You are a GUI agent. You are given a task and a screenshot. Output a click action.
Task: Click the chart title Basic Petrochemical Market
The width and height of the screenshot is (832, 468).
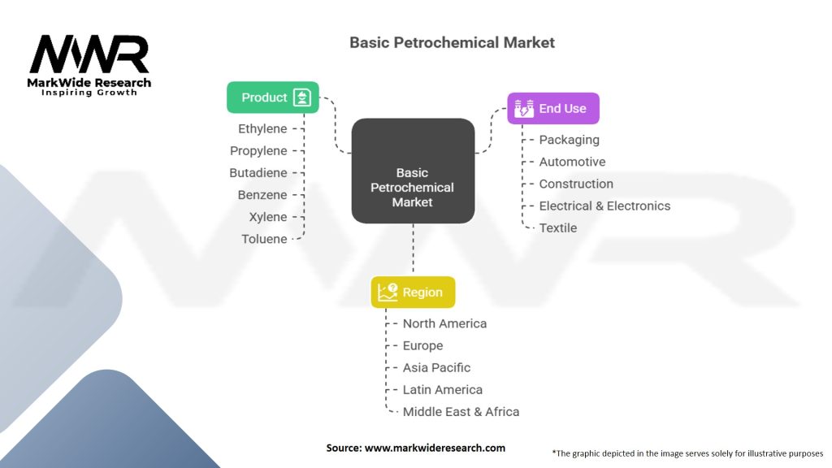[x=452, y=42]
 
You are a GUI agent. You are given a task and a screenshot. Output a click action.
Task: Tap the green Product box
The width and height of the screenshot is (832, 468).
[x=272, y=97]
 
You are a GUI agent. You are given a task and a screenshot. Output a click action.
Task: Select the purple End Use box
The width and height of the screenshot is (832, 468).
[x=552, y=108]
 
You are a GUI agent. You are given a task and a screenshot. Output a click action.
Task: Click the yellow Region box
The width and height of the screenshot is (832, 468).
[x=413, y=292]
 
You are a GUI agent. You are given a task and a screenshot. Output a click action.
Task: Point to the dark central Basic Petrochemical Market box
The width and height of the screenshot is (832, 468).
[x=413, y=171]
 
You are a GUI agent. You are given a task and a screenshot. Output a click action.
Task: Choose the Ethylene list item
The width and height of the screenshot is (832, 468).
[x=262, y=128]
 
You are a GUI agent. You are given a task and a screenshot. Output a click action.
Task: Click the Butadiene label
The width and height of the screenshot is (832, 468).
[x=258, y=172]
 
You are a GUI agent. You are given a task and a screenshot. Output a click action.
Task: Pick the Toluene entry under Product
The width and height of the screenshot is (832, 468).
[x=264, y=239]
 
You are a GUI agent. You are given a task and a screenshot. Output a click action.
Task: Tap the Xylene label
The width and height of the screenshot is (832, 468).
[x=268, y=217]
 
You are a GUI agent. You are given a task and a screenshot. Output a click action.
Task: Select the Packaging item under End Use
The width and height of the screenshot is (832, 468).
[x=569, y=140]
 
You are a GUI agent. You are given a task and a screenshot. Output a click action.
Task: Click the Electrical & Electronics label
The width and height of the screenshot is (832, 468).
[x=604, y=206]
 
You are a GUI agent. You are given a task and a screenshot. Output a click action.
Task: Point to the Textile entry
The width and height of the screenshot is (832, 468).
[x=557, y=227]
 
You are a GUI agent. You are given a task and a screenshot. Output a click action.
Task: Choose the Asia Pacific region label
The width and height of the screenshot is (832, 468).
[x=436, y=367]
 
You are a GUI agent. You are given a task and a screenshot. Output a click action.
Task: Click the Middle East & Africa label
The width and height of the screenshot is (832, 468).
[x=461, y=411]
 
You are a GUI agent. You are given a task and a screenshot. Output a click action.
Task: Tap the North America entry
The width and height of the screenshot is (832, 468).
[x=444, y=323]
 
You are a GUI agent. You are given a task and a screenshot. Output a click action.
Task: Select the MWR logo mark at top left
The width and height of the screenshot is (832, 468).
[x=89, y=55]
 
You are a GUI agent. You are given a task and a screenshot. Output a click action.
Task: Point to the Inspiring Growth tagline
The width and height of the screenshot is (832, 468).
[x=89, y=93]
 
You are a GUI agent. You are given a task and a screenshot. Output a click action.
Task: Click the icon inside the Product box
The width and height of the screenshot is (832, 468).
[x=301, y=97]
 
